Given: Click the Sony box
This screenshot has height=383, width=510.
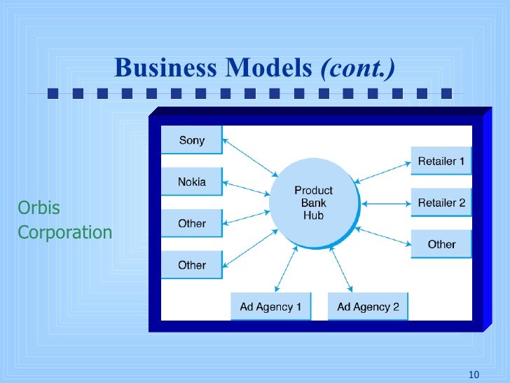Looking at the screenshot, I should pos(191,140).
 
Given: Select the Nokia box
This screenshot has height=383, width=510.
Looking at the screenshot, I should pos(191,182).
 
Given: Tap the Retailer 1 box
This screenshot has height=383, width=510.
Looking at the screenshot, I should pos(441,161).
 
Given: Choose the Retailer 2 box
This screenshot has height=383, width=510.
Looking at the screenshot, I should pos(441,203).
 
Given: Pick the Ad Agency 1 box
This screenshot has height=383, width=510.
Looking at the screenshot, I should pos(270,307).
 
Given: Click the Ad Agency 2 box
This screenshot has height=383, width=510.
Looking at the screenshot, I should pos(368,307).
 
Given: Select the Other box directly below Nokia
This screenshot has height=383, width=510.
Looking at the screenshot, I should pos(191,224).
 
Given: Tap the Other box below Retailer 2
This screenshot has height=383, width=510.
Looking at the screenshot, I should pos(441,244).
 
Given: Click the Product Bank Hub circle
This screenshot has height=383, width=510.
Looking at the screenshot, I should pos(313,203).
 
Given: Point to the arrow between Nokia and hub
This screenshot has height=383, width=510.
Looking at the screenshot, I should pos(247,188).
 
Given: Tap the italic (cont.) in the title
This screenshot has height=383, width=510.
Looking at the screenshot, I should pos(357,68).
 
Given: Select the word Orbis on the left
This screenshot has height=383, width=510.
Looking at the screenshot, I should pos(39,209).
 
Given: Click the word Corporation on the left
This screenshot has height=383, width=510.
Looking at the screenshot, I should pos(64,232).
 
